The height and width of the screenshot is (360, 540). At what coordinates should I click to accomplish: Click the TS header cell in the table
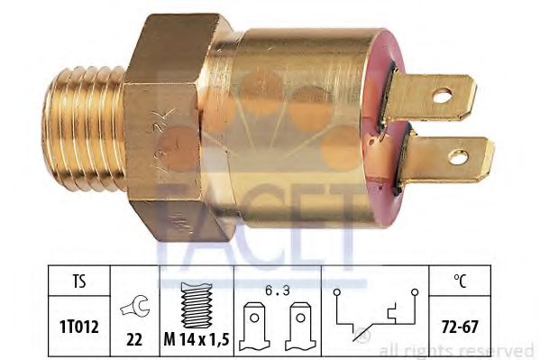79,282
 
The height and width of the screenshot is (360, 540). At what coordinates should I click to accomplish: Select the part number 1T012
79,327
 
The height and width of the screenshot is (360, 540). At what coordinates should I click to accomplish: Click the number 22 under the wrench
134,340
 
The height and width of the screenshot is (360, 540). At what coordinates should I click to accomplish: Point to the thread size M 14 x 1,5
197,340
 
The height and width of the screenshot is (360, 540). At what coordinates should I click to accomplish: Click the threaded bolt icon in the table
197,305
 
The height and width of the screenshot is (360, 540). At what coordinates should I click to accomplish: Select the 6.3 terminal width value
278,291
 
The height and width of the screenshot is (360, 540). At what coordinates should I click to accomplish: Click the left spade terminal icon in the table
254,327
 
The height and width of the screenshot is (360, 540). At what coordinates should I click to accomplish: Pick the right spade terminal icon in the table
300,327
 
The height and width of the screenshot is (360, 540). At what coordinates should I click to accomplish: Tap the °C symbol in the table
460,281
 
